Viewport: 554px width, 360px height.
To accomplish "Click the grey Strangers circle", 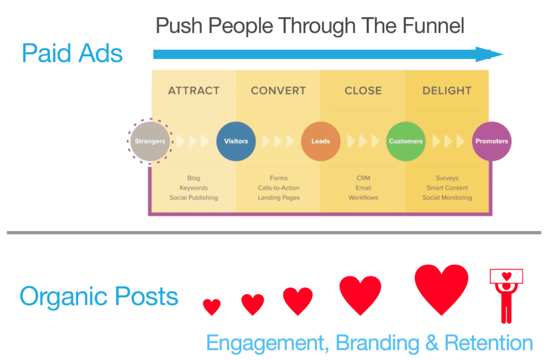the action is pyautogui.click(x=150, y=141).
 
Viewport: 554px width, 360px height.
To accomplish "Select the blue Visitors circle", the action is pyautogui.click(x=236, y=141).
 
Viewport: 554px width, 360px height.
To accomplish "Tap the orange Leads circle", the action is pyautogui.click(x=321, y=141).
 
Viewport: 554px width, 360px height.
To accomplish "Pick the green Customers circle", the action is pyautogui.click(x=406, y=141).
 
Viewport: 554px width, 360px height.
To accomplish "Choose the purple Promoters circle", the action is pyautogui.click(x=491, y=141).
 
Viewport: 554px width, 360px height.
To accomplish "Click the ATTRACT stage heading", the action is pyautogui.click(x=194, y=91).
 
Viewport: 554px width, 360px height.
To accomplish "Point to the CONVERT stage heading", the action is pyautogui.click(x=279, y=91).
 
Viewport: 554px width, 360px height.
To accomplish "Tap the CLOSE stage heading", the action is pyautogui.click(x=363, y=91).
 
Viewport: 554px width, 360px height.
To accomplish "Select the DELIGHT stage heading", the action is pyautogui.click(x=447, y=91).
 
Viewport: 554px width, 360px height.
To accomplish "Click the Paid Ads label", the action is pyautogui.click(x=72, y=54).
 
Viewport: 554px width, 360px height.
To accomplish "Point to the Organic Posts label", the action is pyautogui.click(x=99, y=296).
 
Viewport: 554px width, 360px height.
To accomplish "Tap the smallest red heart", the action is pyautogui.click(x=212, y=306).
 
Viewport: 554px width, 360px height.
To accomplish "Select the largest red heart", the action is pyautogui.click(x=441, y=288).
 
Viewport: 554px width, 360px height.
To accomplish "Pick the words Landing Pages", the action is pyautogui.click(x=279, y=198).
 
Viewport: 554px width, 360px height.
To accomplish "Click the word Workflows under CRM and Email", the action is pyautogui.click(x=363, y=198).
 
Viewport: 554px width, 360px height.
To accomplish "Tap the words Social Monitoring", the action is pyautogui.click(x=447, y=198).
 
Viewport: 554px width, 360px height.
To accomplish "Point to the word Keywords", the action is pyautogui.click(x=194, y=188).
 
